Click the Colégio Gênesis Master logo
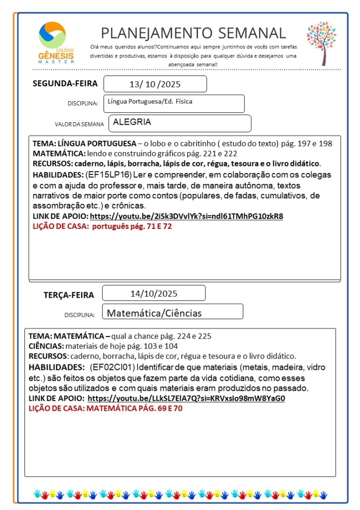56,42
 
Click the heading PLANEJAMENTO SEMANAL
193,33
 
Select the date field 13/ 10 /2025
155,84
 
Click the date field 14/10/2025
154,293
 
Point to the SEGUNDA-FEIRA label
65,83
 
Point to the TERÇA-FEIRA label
69,295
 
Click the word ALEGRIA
132,122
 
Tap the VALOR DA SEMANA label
80,124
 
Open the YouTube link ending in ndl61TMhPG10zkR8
186,216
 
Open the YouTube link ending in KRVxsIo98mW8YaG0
186,399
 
